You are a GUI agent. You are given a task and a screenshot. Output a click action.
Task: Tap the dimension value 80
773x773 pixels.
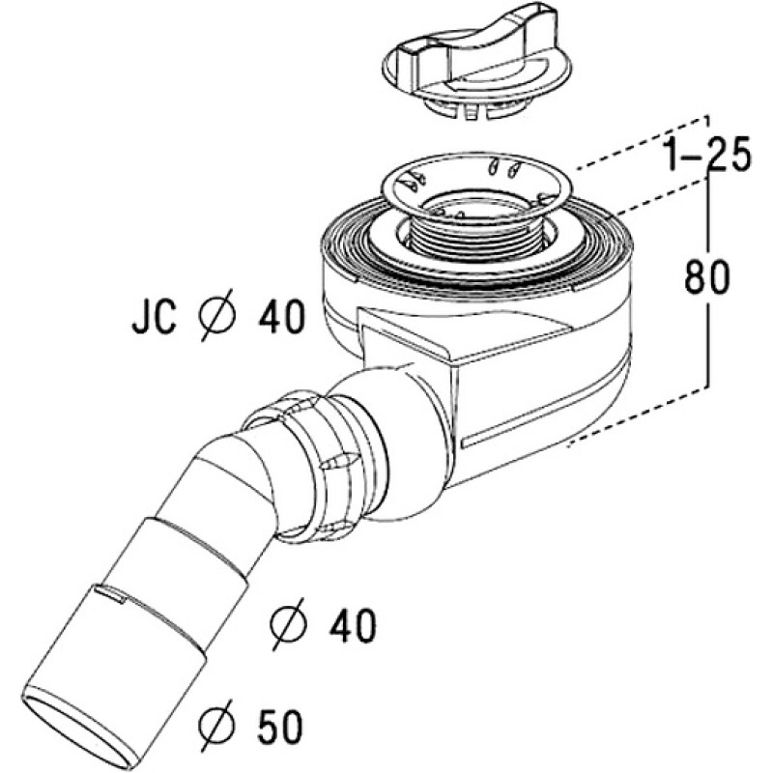(706, 277)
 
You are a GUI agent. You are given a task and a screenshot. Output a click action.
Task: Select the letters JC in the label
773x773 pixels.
(154, 317)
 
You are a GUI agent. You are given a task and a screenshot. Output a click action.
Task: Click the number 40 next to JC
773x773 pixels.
(281, 317)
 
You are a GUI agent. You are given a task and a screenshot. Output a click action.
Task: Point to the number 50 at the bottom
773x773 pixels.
(278, 726)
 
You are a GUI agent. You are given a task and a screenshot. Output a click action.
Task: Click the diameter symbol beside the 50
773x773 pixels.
(215, 726)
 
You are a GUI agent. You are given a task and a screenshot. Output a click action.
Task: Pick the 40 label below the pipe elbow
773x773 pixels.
(353, 625)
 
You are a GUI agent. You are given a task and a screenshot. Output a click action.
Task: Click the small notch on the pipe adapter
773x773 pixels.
(111, 593)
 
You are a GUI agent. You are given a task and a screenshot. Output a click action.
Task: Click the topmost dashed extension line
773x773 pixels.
(644, 143)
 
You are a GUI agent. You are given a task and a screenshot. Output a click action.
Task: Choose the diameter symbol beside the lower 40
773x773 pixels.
(288, 624)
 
